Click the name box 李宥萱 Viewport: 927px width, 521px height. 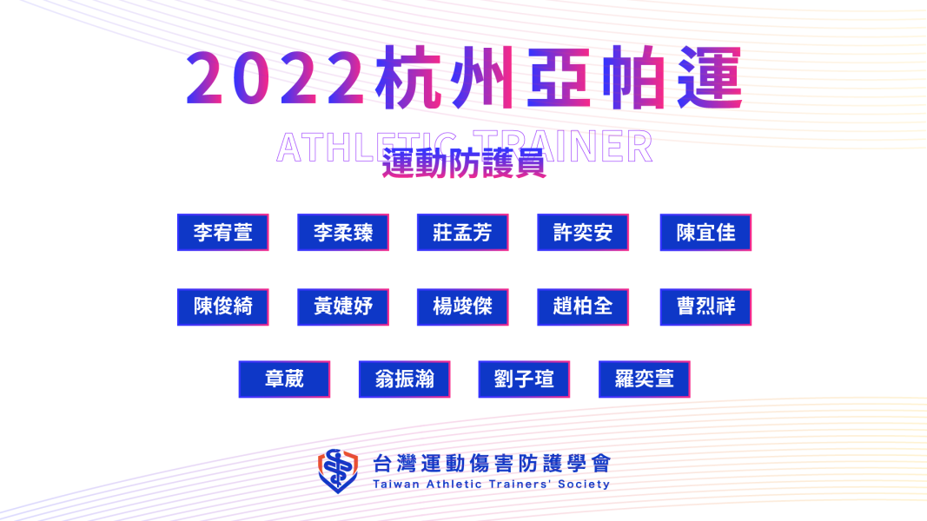(223, 232)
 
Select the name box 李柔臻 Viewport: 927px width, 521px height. (343, 232)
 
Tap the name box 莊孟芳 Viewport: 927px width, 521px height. (462, 232)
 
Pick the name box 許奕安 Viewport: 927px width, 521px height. (583, 232)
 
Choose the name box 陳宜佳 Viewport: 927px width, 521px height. (705, 232)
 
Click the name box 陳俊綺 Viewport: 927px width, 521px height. (223, 307)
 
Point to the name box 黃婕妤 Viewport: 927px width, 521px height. (343, 307)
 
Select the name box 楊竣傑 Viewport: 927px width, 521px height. (462, 307)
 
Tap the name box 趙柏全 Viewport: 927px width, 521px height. (583, 307)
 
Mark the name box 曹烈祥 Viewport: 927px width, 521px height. (705, 307)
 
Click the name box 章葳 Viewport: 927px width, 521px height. (284, 379)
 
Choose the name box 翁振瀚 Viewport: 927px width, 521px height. (404, 379)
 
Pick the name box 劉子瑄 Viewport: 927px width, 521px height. (524, 379)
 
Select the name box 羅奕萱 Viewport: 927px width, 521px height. (645, 379)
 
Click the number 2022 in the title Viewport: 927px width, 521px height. (275, 78)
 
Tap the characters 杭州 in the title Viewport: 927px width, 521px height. (445, 78)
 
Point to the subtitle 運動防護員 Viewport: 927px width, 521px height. (464, 163)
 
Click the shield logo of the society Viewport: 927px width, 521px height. (338, 472)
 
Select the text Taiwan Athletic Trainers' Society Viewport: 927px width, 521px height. (491, 485)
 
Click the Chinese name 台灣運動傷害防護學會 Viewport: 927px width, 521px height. (492, 464)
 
